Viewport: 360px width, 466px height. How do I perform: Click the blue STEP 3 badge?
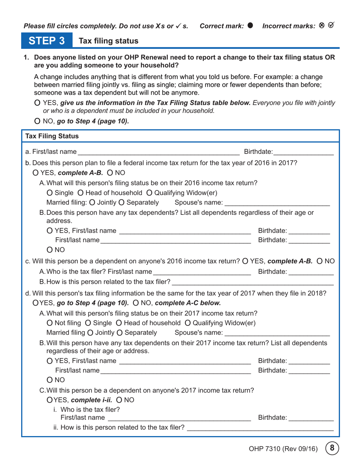(47, 41)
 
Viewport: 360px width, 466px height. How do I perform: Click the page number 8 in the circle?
(332, 448)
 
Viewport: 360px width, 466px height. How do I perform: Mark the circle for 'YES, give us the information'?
(37, 103)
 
